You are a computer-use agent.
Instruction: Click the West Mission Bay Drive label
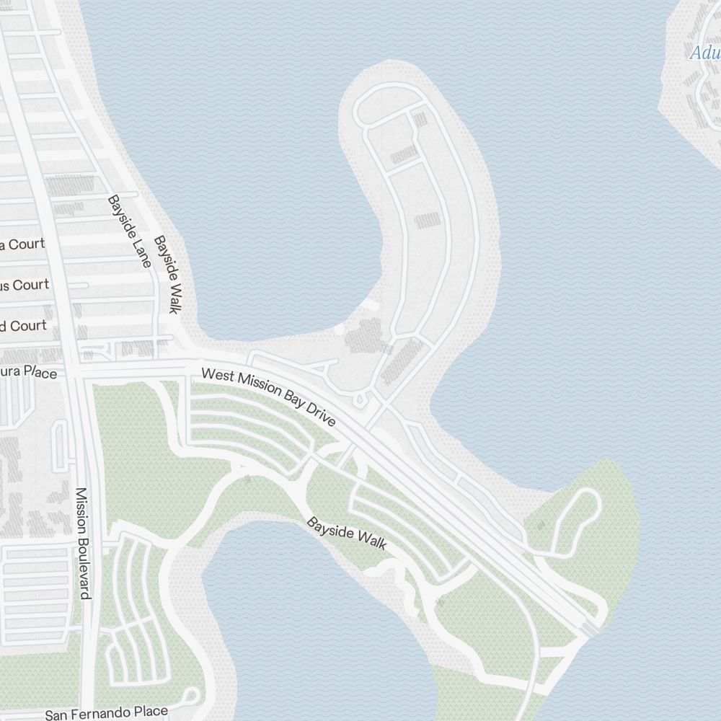click(269, 397)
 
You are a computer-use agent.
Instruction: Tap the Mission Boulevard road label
click(83, 543)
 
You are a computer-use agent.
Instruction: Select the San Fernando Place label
click(107, 713)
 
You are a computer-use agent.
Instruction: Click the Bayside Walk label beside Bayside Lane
click(166, 275)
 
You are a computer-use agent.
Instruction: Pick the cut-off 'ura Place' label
click(28, 372)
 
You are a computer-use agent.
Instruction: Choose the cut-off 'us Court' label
click(25, 285)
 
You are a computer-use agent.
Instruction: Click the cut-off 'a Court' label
click(22, 244)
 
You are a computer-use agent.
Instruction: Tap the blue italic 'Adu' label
click(704, 53)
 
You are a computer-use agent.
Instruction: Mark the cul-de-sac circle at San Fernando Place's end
click(191, 696)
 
